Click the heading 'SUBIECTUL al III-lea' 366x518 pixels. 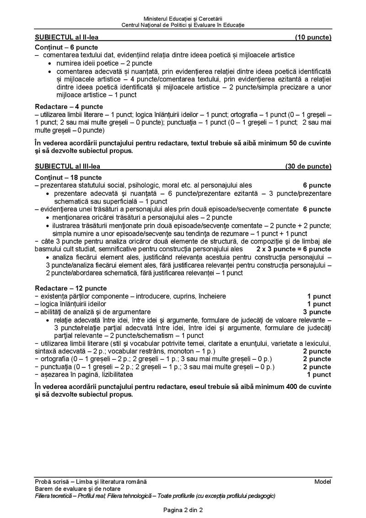point(68,166)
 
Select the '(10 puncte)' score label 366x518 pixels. point(313,37)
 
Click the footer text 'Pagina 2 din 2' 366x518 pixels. point(183,510)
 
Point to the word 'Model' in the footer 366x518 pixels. point(323,481)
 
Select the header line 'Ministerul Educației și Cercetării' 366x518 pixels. point(183,17)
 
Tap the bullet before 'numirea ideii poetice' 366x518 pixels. point(49,63)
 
